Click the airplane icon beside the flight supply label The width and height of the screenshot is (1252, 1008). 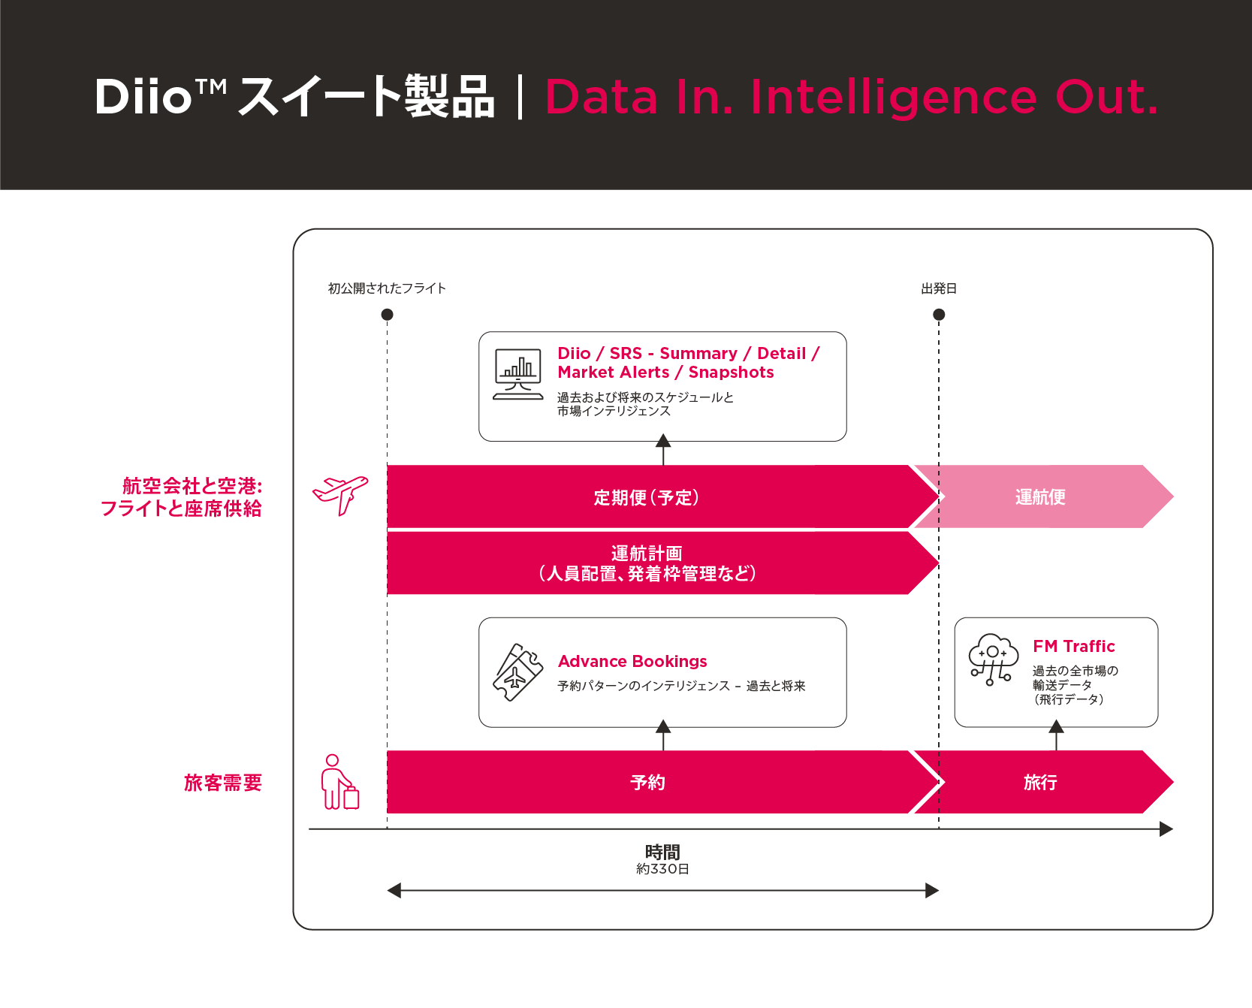[340, 495]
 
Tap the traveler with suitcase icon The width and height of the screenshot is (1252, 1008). [340, 782]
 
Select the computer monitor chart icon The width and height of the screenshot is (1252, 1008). [518, 374]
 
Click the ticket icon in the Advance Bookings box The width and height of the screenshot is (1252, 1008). [517, 672]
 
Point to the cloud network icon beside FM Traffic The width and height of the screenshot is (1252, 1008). [993, 659]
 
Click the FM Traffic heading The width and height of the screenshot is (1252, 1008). [1073, 646]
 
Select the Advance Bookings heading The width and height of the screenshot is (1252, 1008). [632, 661]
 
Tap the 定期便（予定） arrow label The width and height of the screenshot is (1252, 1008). [647, 497]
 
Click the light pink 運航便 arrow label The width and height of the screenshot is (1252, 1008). [1040, 496]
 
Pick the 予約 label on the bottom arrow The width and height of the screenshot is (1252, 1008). [647, 782]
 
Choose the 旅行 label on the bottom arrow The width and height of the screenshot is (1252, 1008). [1040, 782]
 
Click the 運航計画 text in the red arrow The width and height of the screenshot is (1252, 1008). [647, 553]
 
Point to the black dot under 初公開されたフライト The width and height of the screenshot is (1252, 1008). [388, 315]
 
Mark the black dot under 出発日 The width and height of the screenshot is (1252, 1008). [939, 315]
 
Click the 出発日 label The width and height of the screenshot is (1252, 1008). [939, 288]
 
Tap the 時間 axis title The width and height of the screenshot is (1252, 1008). [662, 852]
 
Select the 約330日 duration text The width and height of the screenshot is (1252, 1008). [662, 869]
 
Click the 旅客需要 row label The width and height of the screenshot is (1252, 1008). [223, 783]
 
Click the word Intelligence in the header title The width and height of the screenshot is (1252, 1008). [894, 97]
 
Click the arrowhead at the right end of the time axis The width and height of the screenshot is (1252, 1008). [1166, 829]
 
